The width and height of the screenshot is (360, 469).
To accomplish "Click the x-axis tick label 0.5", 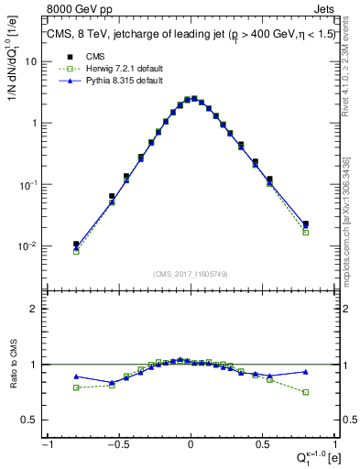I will (x=263, y=444).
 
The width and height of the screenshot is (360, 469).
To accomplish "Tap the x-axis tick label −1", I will (x=46, y=444).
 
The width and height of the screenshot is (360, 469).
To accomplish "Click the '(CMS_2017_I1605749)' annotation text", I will (x=190, y=274).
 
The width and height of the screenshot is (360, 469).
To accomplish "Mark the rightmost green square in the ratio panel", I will (x=305, y=392).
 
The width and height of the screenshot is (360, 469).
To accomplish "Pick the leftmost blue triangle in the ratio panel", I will (x=76, y=376).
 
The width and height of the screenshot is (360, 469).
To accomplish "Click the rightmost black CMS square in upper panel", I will (x=305, y=224).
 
